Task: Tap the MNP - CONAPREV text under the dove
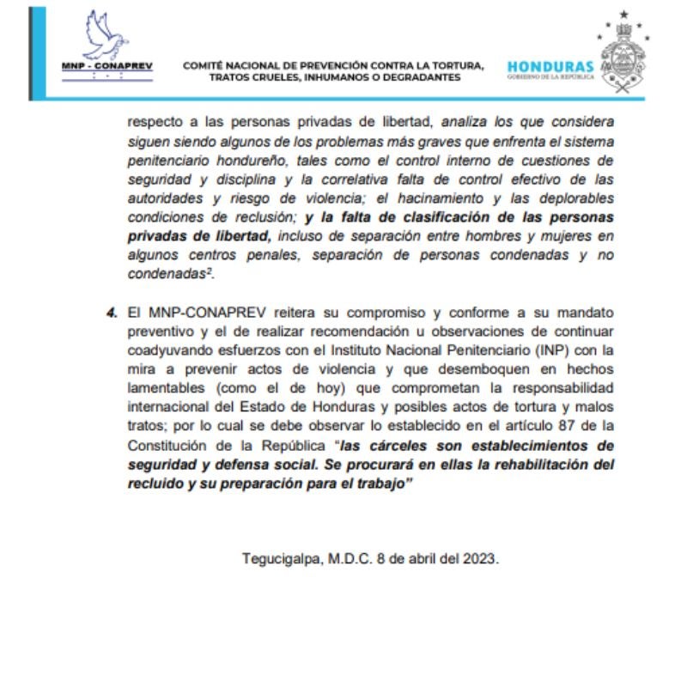click(x=106, y=67)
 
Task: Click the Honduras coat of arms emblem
click(x=624, y=53)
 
